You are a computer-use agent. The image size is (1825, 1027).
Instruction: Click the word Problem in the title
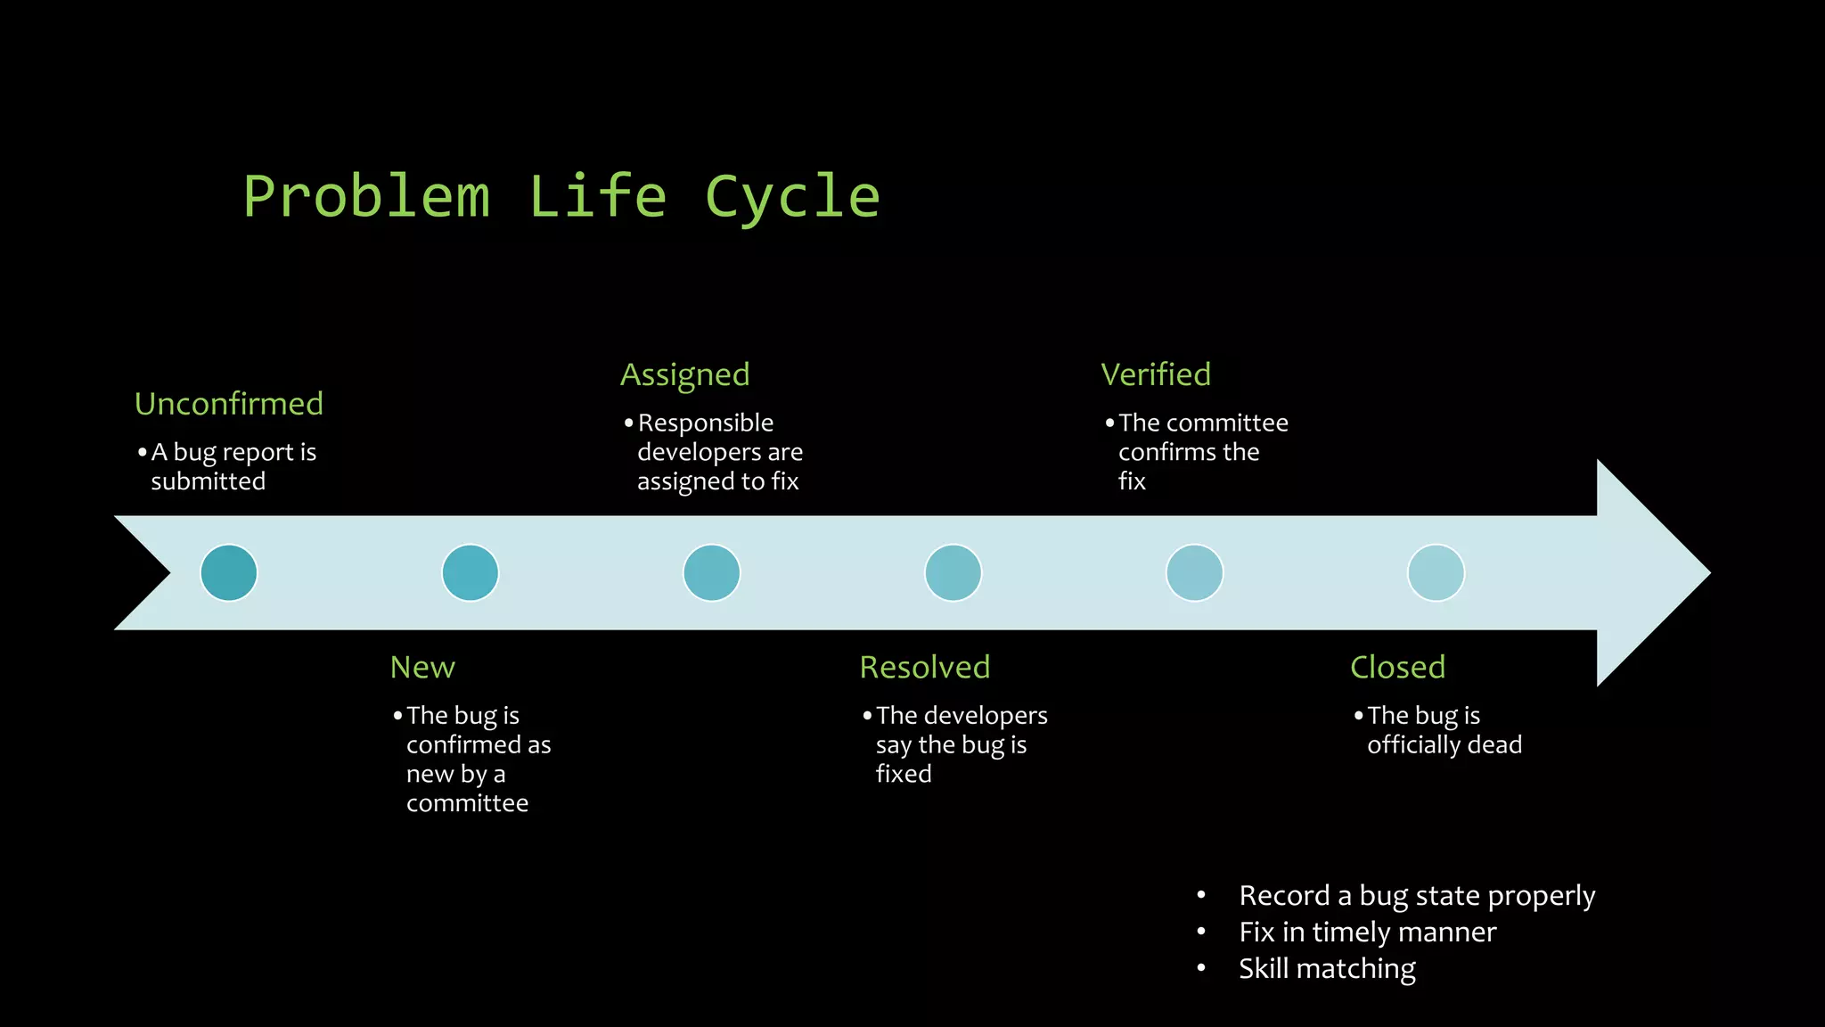(x=366, y=197)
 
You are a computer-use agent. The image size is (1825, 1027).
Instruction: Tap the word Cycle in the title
(x=792, y=197)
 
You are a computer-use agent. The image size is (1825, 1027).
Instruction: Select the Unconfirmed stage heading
(x=229, y=404)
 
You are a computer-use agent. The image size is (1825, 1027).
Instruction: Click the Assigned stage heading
(x=684, y=375)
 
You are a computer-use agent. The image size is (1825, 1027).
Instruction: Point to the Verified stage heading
(x=1156, y=374)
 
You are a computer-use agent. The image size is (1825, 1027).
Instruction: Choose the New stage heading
(x=422, y=667)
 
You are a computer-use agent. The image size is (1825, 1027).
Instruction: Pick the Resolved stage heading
(x=925, y=667)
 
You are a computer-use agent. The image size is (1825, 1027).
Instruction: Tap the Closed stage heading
(x=1397, y=667)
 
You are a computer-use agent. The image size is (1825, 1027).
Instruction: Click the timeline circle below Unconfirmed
(x=229, y=572)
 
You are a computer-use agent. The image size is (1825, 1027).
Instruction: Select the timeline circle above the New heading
(x=471, y=572)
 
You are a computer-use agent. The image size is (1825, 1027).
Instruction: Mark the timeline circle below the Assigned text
(x=711, y=572)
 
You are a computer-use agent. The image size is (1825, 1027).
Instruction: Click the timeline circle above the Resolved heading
(x=953, y=572)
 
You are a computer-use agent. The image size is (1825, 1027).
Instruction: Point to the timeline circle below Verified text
(x=1194, y=572)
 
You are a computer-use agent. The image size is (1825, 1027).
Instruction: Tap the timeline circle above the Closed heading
(x=1436, y=572)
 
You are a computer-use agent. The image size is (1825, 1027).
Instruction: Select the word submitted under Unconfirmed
(x=209, y=481)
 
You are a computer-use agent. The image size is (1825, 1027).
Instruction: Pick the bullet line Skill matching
(x=1327, y=968)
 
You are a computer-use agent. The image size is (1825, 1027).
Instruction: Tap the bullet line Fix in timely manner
(x=1367, y=932)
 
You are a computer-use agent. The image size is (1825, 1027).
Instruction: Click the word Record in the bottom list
(x=1284, y=895)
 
